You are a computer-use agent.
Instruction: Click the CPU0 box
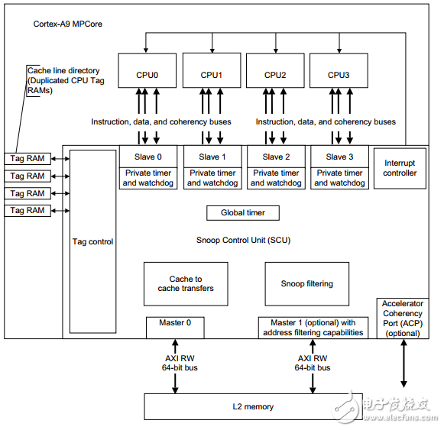(x=147, y=70)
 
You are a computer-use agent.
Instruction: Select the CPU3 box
(x=339, y=70)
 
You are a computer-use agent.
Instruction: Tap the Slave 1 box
(x=212, y=157)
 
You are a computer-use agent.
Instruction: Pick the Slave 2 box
(x=276, y=157)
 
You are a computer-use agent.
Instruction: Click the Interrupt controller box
(x=400, y=168)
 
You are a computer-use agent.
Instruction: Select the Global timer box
(x=243, y=213)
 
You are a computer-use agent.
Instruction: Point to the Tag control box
(x=93, y=241)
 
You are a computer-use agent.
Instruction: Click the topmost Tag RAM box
(x=28, y=159)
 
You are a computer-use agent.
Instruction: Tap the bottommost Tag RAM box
(x=28, y=211)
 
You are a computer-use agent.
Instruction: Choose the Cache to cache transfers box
(x=186, y=283)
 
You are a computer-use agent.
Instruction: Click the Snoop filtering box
(x=307, y=283)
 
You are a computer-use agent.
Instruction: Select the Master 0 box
(x=175, y=328)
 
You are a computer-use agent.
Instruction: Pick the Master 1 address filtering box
(x=313, y=328)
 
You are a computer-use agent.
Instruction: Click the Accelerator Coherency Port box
(x=403, y=318)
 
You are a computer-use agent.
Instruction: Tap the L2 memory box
(x=253, y=406)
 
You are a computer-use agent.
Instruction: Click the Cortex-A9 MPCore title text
(x=68, y=24)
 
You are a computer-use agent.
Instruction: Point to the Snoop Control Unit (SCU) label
(x=243, y=241)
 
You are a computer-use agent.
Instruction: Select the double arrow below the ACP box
(x=403, y=364)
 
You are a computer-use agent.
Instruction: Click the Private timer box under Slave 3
(x=339, y=178)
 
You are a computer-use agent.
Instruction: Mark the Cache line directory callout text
(x=66, y=81)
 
